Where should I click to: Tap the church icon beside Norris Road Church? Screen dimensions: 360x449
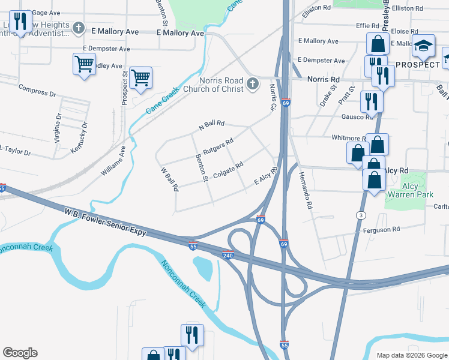click(253, 83)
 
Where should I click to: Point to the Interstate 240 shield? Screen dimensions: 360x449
click(228, 254)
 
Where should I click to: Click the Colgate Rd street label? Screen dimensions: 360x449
click(228, 169)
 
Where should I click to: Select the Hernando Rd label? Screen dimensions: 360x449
click(306, 191)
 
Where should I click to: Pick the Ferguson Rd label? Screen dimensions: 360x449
click(381, 230)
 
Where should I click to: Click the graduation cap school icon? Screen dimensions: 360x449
click(423, 46)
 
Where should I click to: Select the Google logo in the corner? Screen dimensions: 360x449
click(20, 353)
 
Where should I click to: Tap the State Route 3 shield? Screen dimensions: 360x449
click(361, 214)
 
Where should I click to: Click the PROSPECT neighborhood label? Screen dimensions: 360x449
click(418, 64)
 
